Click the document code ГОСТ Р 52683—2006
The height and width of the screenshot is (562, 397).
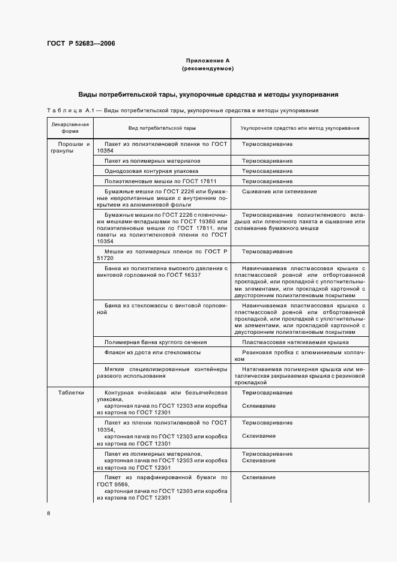coord(81,44)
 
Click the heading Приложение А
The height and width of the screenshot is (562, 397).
coord(207,61)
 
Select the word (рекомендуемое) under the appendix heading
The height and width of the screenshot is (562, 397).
coord(207,69)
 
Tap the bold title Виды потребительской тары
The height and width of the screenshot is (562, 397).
coord(207,94)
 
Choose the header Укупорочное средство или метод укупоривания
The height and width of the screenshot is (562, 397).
coord(300,128)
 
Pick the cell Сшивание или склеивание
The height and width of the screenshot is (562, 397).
coord(279,192)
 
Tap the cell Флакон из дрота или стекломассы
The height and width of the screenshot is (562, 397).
coord(152,352)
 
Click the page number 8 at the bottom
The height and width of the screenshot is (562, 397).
coord(49,513)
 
